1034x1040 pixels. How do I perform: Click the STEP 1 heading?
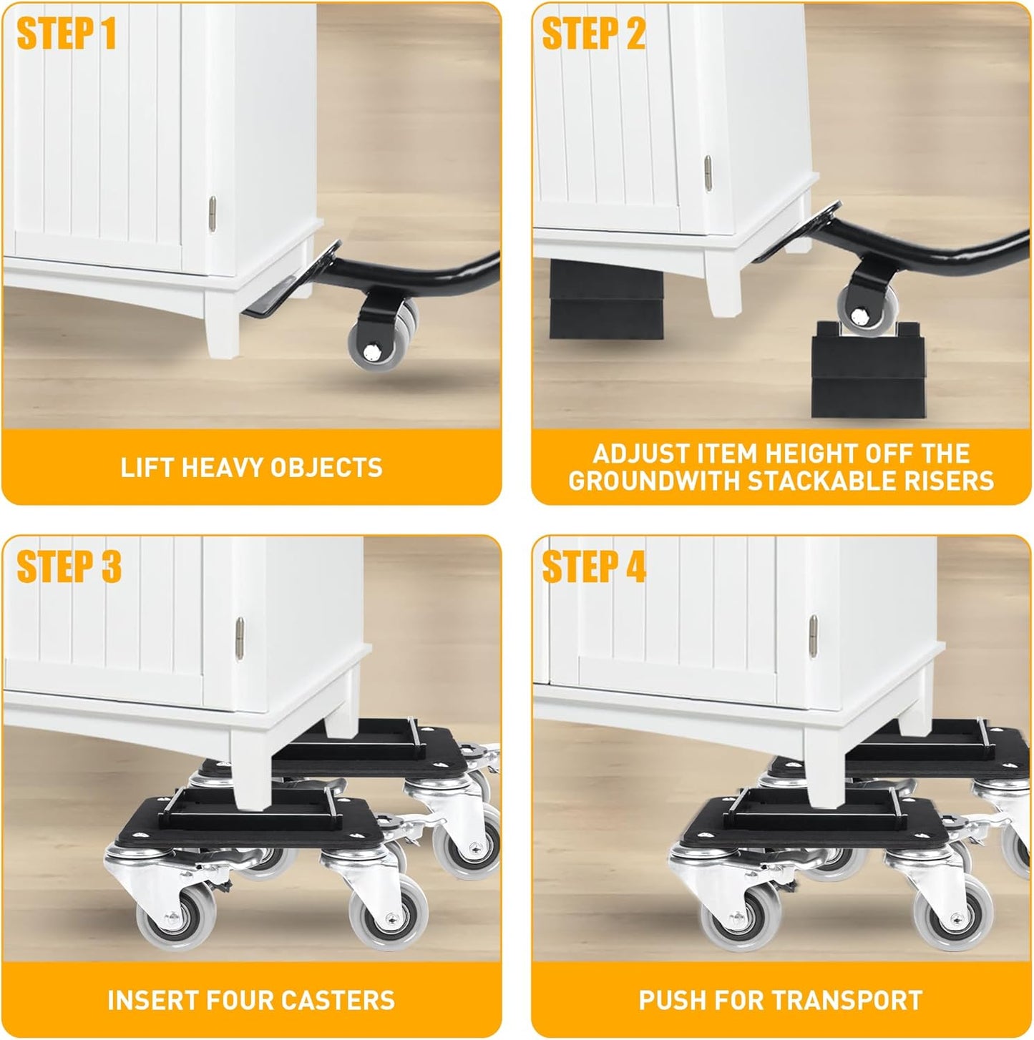click(66, 34)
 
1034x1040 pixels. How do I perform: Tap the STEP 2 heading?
click(593, 34)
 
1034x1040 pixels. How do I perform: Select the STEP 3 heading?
click(69, 567)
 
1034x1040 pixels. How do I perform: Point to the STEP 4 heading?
click(593, 567)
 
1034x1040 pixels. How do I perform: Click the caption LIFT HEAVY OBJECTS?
click(251, 467)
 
